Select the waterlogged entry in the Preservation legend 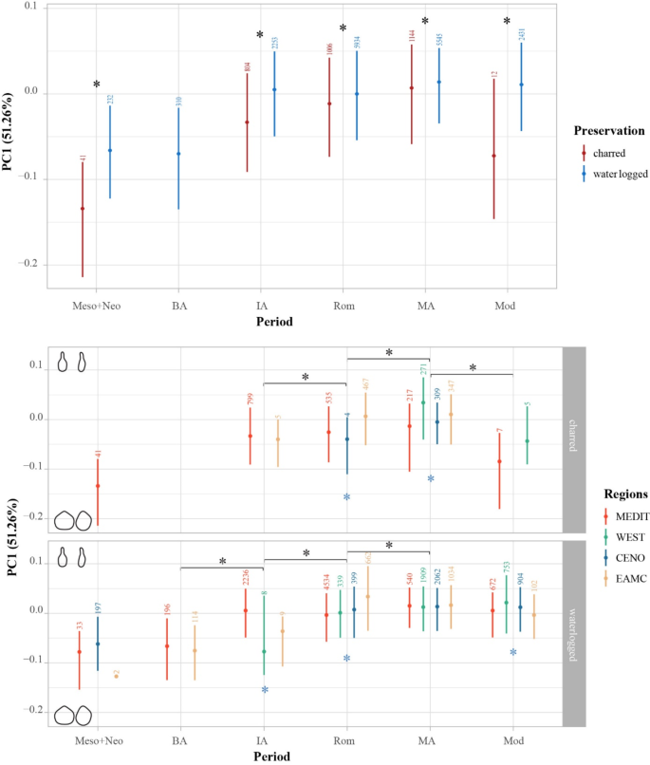click(x=617, y=173)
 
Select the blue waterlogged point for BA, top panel click(x=178, y=154)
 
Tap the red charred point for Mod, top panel click(x=494, y=156)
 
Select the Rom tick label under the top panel click(x=344, y=306)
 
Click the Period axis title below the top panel click(x=273, y=322)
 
